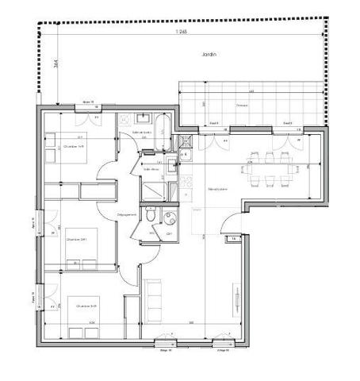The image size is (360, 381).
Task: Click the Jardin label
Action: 209,55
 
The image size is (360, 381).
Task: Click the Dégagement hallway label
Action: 127,214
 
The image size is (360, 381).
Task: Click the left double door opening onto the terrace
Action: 211,143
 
